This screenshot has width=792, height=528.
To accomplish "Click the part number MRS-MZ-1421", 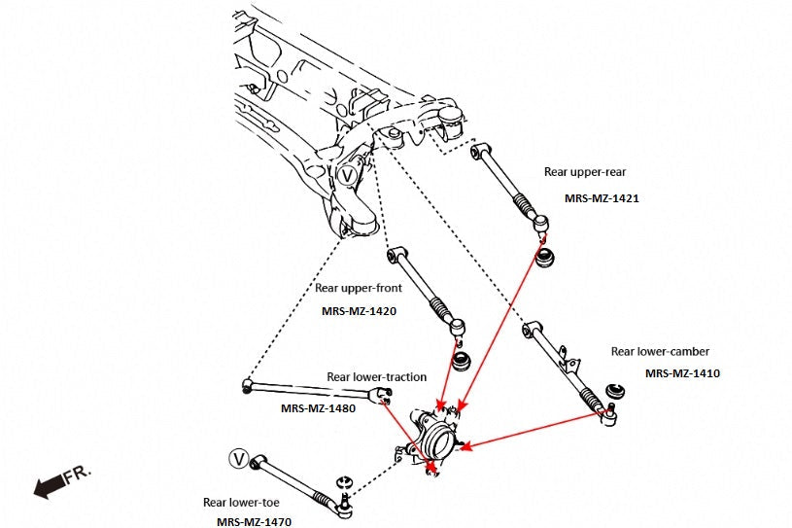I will click(x=601, y=197).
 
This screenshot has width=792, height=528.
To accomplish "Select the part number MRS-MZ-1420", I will click(x=358, y=312).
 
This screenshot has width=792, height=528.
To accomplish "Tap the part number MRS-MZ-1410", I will click(x=682, y=372).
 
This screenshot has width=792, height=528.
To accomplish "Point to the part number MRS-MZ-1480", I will click(x=318, y=408).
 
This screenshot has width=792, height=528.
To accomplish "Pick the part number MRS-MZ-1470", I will click(x=254, y=522).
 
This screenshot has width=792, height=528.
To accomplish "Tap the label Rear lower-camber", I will click(x=660, y=351).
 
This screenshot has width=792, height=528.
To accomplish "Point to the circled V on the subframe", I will click(x=349, y=176).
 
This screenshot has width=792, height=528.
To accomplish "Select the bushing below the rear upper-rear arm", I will click(x=546, y=258).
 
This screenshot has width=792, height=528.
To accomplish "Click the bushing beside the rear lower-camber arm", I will click(x=614, y=391).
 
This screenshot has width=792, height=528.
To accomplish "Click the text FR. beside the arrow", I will click(x=78, y=475).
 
